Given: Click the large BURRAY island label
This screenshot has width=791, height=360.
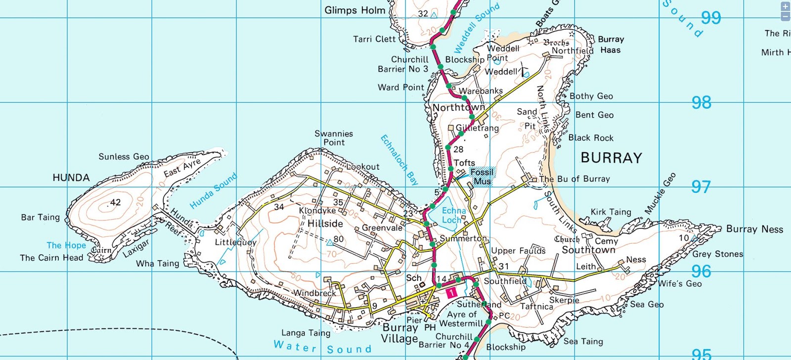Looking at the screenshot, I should [611, 158].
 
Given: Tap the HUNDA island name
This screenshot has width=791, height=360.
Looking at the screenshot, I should [71, 178].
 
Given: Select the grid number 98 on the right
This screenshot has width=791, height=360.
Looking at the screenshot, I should [701, 103].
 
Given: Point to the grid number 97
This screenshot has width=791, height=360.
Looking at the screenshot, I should [701, 187].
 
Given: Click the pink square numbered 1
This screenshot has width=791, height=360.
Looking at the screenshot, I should [451, 293].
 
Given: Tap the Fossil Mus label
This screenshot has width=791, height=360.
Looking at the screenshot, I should [482, 177].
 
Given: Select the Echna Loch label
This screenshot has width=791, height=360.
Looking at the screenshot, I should [453, 215].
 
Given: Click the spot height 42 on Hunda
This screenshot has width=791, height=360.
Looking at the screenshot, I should [115, 202].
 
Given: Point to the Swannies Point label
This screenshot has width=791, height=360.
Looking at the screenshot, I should [334, 138].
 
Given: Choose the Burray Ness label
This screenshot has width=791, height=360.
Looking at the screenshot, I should [754, 229].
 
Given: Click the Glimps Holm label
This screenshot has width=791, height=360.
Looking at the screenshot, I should [354, 10].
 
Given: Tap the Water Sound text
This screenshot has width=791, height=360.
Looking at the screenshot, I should [322, 347].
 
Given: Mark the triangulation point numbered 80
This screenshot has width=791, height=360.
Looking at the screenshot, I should [330, 242].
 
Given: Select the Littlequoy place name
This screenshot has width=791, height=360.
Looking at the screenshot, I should [235, 242].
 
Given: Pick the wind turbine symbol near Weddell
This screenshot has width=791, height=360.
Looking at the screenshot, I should [524, 71].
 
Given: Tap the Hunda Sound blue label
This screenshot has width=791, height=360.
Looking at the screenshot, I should [214, 191].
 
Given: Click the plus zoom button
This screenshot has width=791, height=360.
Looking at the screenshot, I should [785, 6].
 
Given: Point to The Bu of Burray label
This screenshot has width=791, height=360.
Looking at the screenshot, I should [574, 179].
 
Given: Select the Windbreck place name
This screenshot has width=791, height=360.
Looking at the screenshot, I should [314, 293].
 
